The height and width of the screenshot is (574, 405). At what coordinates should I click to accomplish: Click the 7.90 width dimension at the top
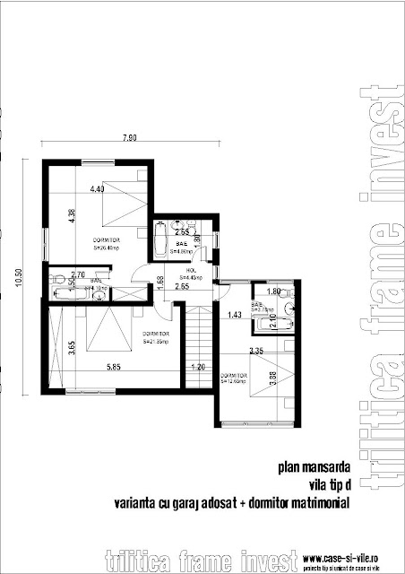pos(132,139)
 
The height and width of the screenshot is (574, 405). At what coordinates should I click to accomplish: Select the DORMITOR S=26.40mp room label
pos(106,245)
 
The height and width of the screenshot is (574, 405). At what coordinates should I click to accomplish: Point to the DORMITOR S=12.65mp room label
pos(235,378)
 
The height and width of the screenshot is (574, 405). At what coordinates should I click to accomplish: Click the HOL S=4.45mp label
pos(190,274)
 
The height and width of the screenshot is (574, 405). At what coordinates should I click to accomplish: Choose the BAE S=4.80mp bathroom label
pos(180,248)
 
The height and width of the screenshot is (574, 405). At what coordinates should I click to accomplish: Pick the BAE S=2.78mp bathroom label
pos(258,307)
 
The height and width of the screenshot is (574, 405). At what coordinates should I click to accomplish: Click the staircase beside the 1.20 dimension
pos(199,341)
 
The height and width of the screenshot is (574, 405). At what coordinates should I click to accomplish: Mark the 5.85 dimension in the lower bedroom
pos(112,367)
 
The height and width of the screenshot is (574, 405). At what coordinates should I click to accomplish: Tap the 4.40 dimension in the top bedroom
pos(98,189)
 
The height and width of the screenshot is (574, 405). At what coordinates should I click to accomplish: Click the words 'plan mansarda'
pos(308,466)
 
